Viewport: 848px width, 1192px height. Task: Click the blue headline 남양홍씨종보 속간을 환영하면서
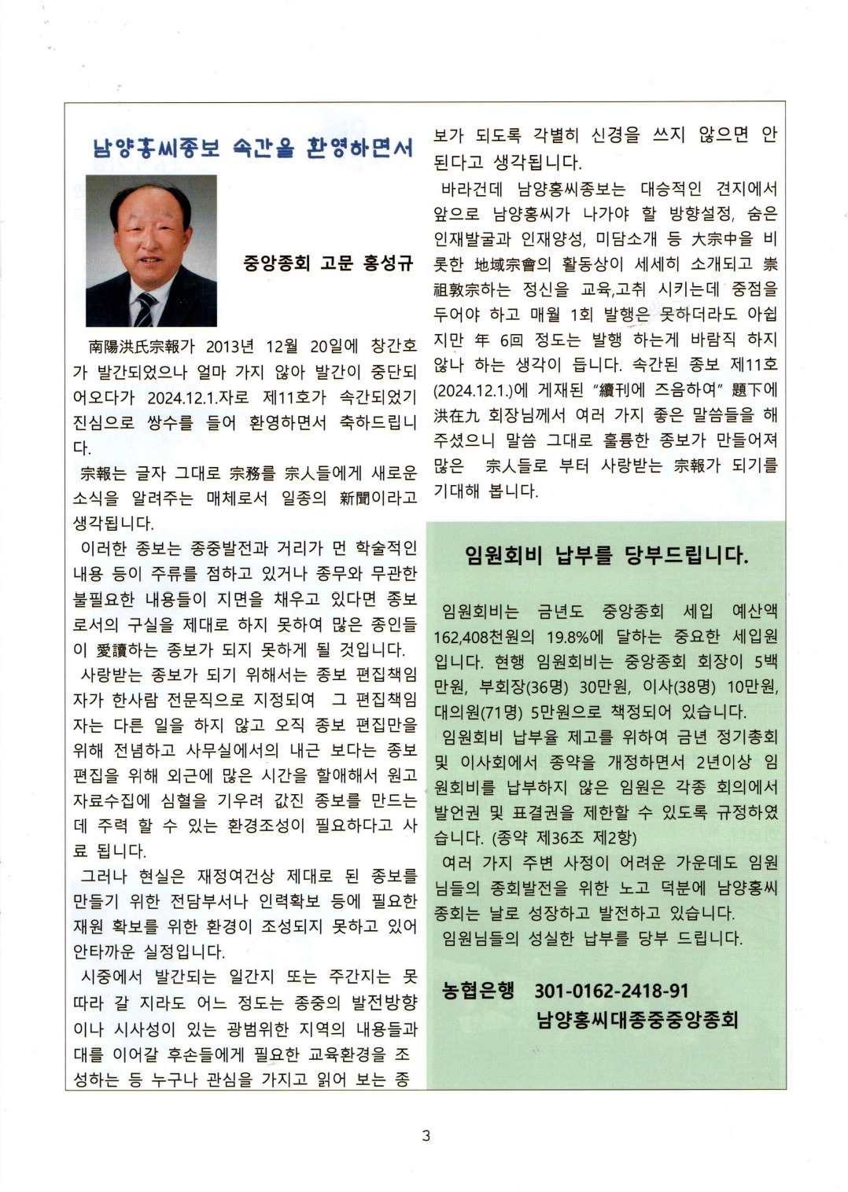pyautogui.click(x=253, y=147)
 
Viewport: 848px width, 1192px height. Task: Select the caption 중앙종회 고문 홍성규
pyautogui.click(x=328, y=263)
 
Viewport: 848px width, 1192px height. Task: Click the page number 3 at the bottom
pyautogui.click(x=426, y=1135)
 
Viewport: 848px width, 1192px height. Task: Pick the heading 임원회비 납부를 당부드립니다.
pyautogui.click(x=607, y=556)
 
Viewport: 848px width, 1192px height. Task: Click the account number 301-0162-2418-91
pyautogui.click(x=611, y=991)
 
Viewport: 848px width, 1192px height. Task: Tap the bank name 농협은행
pyautogui.click(x=477, y=990)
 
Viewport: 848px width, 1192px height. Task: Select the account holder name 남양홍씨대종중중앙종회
pyautogui.click(x=637, y=1020)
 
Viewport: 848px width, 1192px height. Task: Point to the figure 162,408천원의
pyautogui.click(x=484, y=636)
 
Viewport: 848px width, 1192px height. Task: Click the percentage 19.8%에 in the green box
pyautogui.click(x=581, y=636)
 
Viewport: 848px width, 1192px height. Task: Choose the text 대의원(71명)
pyautogui.click(x=478, y=712)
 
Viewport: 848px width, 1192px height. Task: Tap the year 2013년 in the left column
pyautogui.click(x=230, y=347)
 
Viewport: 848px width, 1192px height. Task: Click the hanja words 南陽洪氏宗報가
pyautogui.click(x=141, y=347)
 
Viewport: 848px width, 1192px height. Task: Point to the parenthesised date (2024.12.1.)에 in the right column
pyautogui.click(x=472, y=390)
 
